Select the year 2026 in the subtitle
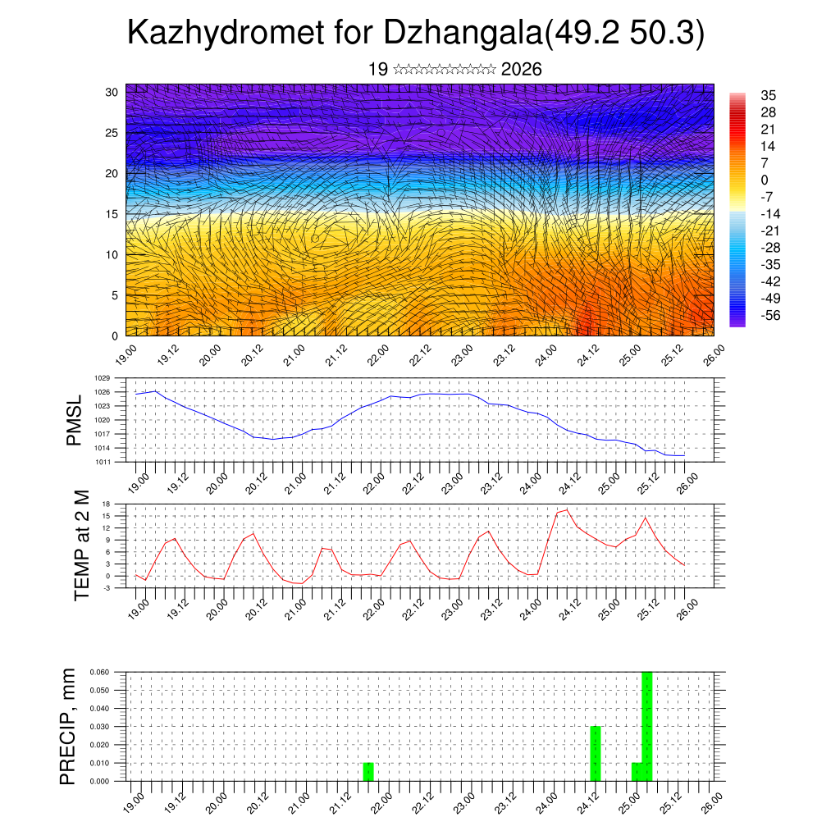[x=521, y=70]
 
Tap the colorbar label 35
[x=769, y=95]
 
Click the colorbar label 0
[x=765, y=180]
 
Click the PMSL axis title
[x=75, y=421]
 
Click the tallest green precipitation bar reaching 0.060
[x=647, y=726]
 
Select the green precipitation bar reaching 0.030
[x=596, y=753]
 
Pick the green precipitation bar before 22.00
[x=368, y=771]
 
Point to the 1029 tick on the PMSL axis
[x=102, y=378]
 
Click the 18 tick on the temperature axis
[x=106, y=504]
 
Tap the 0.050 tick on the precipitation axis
[x=98, y=690]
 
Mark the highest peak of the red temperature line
[x=566, y=510]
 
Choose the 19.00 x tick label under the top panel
[x=125, y=355]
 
